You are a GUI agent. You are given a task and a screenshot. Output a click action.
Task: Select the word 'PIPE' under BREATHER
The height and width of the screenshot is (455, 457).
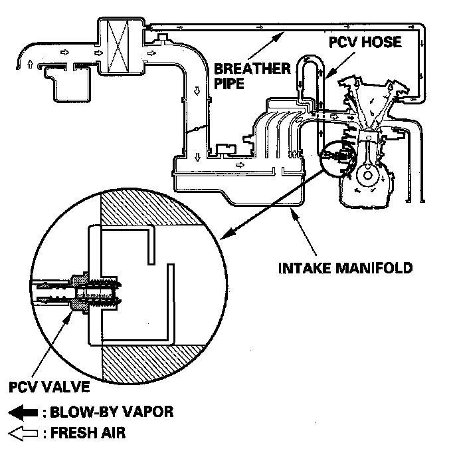pyautogui.click(x=228, y=85)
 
